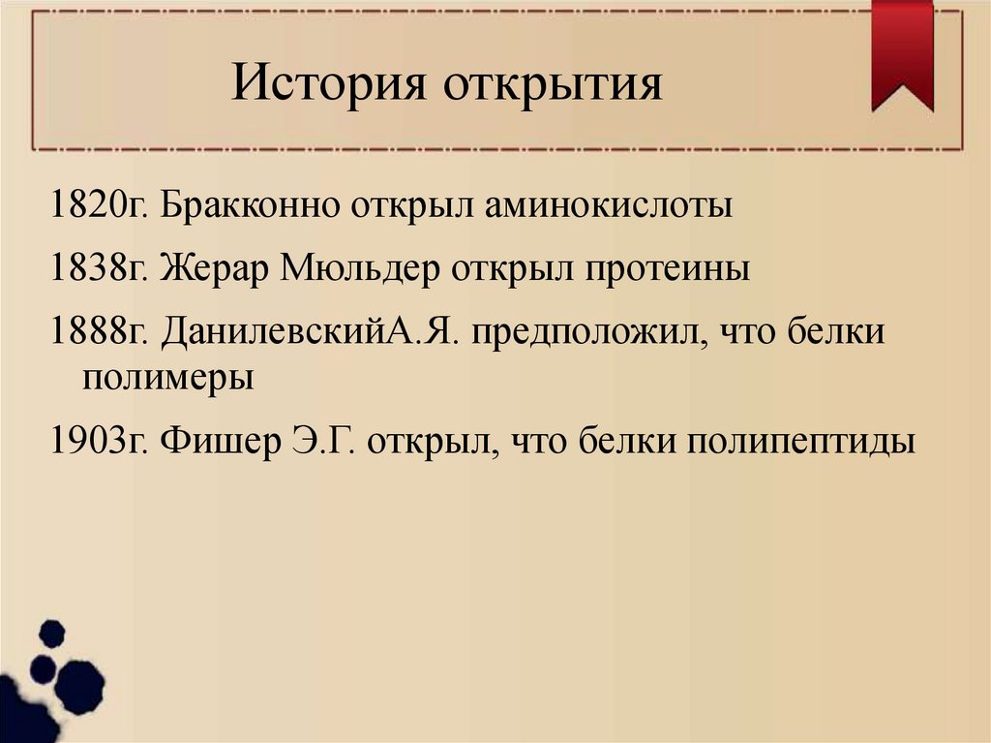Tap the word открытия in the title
[x=554, y=85]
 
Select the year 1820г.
[x=98, y=206]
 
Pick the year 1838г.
[x=98, y=265]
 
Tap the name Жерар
[x=215, y=265]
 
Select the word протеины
[x=667, y=265]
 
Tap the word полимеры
[x=167, y=376]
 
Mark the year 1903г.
[x=98, y=441]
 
